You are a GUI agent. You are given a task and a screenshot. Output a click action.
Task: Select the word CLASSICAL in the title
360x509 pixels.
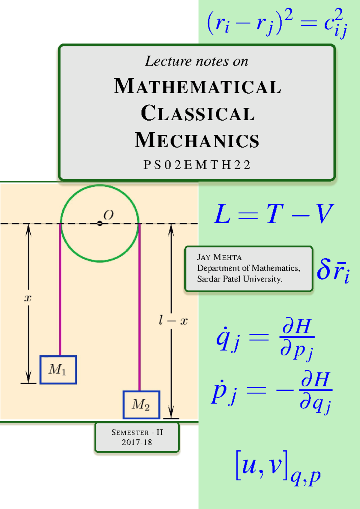point(198,113)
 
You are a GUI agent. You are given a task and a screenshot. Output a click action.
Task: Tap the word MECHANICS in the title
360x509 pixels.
point(197,140)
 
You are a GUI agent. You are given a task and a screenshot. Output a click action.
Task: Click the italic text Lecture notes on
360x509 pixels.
point(197,61)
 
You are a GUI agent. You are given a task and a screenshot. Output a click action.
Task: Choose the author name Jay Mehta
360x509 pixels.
point(219,257)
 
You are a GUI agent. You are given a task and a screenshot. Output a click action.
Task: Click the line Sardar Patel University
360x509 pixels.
point(240,279)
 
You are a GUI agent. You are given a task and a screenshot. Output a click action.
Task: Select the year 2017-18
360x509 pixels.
point(137,442)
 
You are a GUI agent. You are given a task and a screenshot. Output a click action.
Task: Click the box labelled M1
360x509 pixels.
point(58,370)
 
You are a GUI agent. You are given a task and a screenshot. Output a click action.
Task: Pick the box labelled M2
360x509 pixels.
point(142,405)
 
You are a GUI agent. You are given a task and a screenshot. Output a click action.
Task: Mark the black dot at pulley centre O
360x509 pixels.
point(100,223)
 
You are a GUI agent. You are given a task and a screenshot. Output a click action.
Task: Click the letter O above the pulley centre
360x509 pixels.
point(108,215)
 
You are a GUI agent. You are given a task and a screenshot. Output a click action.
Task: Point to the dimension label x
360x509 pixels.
point(28,298)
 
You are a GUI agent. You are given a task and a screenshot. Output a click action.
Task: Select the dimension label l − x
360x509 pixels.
point(173,321)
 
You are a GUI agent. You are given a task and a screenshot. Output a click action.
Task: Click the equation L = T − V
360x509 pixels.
point(274,214)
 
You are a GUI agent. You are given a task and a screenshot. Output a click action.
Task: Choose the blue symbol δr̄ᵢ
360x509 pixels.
point(333,271)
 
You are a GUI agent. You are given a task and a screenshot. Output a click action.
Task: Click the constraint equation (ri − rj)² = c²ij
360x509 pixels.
point(277,23)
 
